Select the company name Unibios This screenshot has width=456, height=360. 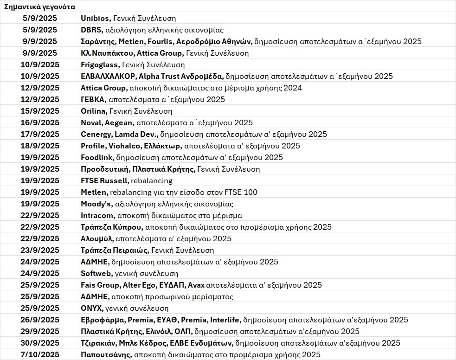(95, 18)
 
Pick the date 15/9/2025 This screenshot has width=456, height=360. (40, 111)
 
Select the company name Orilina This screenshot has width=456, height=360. (94, 111)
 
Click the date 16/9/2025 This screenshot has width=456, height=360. (40, 122)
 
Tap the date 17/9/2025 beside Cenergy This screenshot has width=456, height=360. (40, 134)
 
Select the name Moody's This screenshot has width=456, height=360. (96, 204)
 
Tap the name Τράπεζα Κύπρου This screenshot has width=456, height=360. (111, 227)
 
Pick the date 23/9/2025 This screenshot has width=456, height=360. (40, 250)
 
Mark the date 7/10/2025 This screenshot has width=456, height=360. (40, 354)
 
